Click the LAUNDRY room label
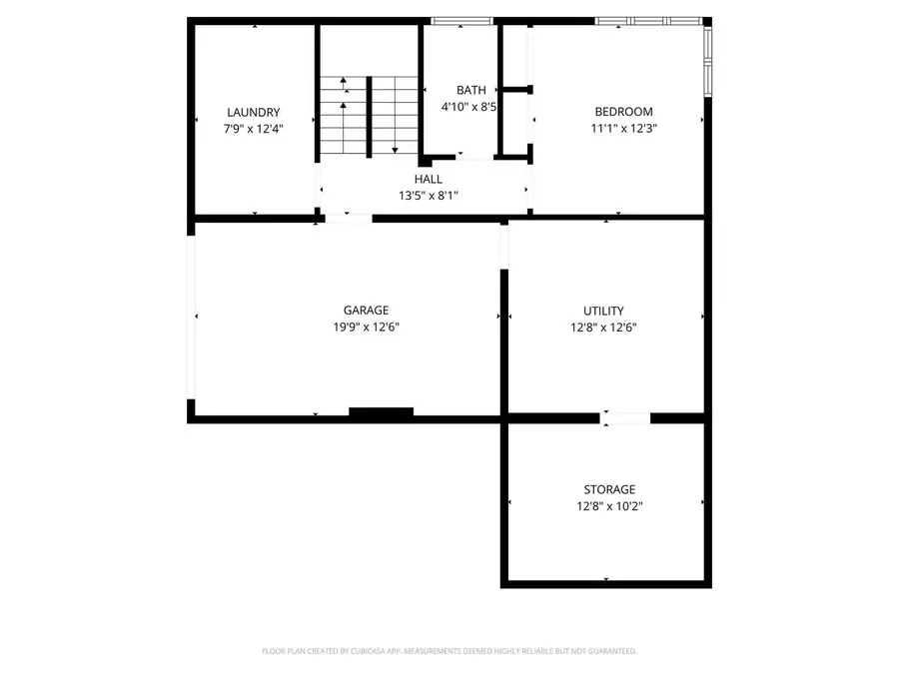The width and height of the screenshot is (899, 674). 253,112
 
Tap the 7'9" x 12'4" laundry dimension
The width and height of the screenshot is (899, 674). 253,128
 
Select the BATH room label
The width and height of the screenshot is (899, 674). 470,90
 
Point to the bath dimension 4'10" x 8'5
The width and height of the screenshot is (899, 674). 470,106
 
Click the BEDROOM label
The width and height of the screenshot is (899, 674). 623,112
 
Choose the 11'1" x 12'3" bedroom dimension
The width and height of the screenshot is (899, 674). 623,128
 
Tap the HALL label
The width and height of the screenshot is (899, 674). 429,179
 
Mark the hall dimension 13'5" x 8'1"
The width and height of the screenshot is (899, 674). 429,195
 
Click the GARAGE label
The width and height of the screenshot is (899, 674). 367,311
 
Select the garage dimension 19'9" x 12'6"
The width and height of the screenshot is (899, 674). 367,327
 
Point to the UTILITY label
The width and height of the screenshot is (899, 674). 603,311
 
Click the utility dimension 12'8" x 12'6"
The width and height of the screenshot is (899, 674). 603,327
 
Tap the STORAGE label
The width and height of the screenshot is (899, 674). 609,489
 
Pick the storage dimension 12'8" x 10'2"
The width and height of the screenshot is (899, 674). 609,505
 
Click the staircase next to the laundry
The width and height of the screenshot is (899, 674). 368,115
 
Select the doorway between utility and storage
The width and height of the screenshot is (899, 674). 625,418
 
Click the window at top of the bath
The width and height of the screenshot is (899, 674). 461,21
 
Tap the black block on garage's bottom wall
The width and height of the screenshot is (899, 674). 381,411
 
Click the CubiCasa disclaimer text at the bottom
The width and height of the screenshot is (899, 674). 449,651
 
